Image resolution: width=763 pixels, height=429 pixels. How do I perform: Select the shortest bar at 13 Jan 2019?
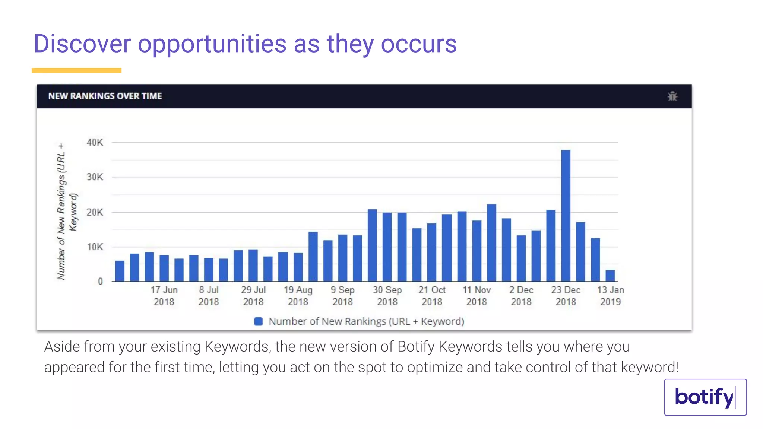(610, 276)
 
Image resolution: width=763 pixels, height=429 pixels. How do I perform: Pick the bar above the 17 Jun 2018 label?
(164, 268)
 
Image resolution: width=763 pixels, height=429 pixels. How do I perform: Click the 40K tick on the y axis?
(95, 142)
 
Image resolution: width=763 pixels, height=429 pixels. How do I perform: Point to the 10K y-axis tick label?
(95, 247)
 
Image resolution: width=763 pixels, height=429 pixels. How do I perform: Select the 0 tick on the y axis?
(100, 282)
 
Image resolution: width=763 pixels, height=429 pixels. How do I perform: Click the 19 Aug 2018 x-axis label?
(298, 296)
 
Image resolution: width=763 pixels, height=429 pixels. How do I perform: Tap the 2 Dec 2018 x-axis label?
(521, 296)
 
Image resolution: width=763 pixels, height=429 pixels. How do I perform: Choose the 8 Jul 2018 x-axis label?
(209, 296)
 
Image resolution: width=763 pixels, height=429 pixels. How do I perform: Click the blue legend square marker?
(258, 321)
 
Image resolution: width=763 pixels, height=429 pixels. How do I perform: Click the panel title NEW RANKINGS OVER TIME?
(105, 96)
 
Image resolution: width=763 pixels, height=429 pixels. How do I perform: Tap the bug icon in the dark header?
(672, 96)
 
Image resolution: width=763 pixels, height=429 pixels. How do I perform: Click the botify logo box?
(705, 397)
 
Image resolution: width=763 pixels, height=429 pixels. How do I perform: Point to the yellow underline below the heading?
(76, 70)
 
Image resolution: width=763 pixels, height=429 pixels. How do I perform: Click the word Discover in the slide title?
(82, 44)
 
